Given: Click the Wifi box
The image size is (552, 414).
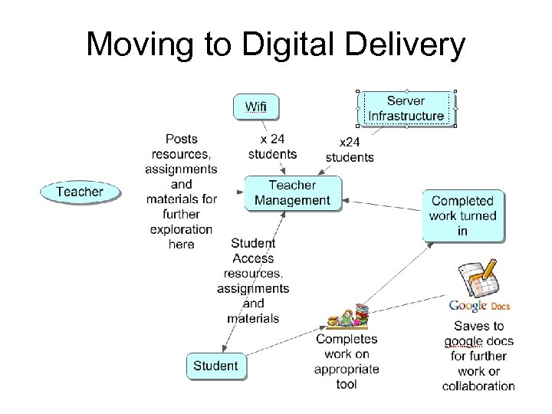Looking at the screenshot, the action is (x=256, y=107).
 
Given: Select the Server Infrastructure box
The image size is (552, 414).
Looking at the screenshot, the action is (x=406, y=108).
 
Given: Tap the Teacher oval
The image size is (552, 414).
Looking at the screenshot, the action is (x=80, y=192).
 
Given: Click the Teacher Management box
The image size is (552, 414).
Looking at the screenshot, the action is (x=292, y=193).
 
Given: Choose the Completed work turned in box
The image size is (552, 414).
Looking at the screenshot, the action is (x=462, y=215).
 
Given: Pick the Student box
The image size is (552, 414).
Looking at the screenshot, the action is (x=215, y=366).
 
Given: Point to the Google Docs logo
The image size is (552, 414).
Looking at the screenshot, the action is (x=479, y=307).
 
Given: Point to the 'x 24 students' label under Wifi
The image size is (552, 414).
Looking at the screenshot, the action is (x=272, y=146).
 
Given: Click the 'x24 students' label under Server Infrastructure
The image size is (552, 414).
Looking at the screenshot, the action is (x=350, y=149).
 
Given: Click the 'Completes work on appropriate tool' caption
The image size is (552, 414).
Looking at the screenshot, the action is (x=347, y=361).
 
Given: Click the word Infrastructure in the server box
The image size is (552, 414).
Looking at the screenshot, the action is (x=406, y=116).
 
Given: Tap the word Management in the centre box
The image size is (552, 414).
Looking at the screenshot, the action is (x=292, y=201).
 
